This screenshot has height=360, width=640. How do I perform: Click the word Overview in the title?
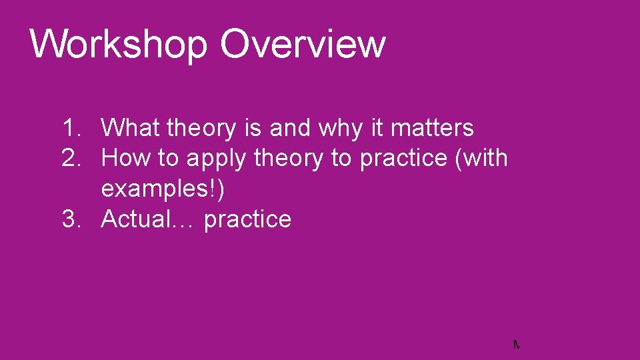(x=303, y=43)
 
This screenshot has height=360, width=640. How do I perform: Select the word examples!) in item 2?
(x=163, y=189)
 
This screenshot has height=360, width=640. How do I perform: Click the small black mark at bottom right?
(x=516, y=345)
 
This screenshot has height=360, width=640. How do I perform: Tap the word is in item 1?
(x=254, y=127)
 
